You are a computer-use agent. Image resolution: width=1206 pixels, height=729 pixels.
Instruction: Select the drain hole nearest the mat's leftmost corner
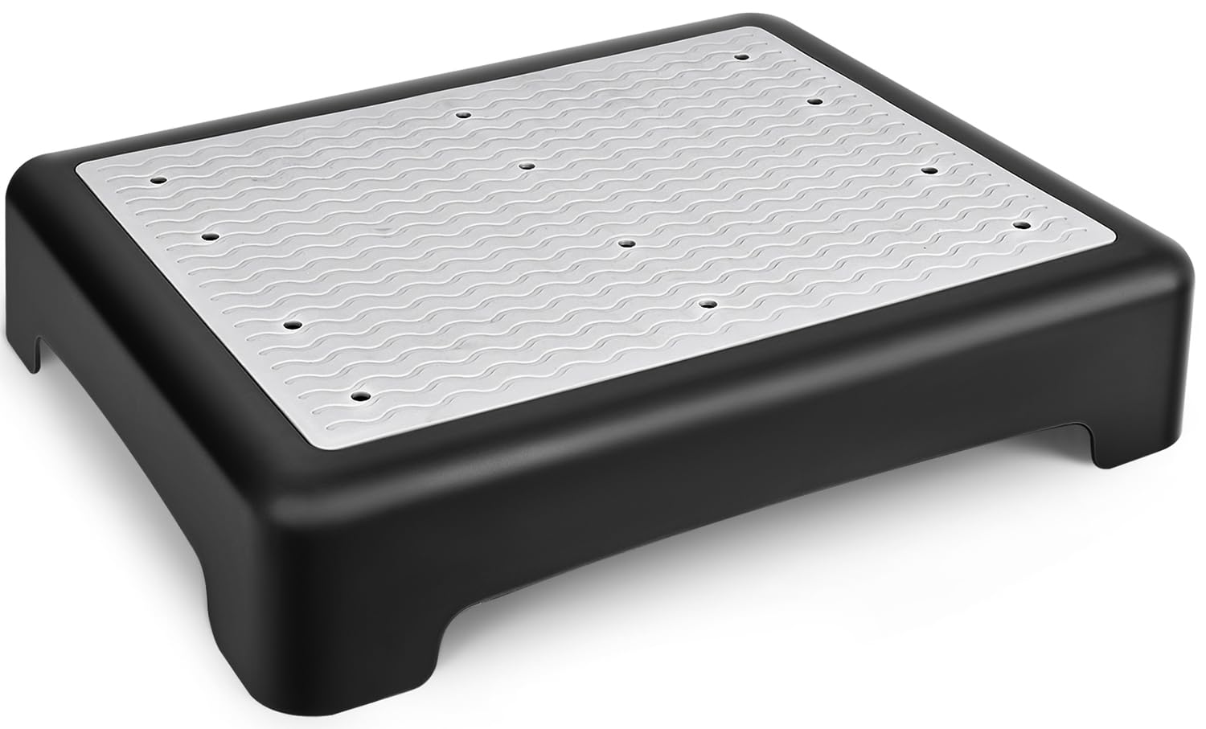pos(156,180)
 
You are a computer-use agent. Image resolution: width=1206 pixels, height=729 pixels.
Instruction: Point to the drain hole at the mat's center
pos(627,241)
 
